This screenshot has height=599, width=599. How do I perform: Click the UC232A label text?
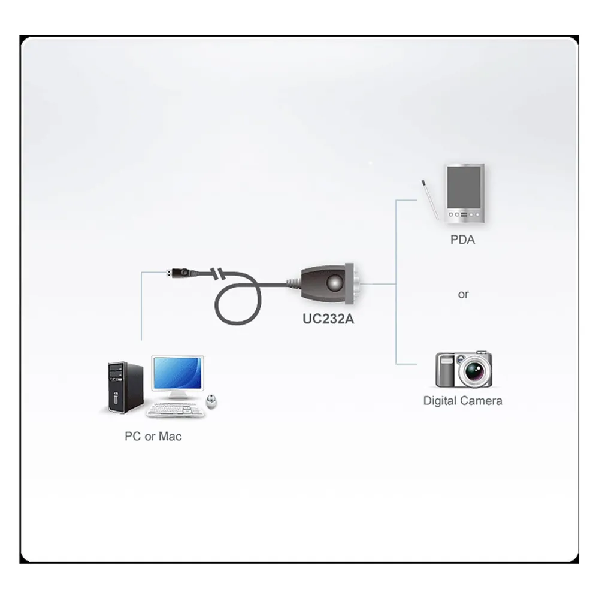point(328,319)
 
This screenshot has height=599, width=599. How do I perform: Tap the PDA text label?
point(462,240)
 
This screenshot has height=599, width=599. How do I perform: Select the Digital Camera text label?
point(462,401)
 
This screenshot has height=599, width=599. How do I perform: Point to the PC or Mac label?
point(153,436)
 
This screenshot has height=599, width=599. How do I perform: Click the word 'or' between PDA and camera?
point(463,295)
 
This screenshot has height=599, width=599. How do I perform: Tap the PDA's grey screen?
point(464,187)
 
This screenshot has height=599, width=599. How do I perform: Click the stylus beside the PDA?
point(430,200)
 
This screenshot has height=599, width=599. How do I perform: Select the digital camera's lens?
point(475,370)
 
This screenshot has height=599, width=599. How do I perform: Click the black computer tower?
point(125,388)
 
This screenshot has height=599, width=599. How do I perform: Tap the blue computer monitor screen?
point(178,374)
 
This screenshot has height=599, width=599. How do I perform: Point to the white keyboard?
point(176,410)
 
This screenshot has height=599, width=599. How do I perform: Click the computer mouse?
point(211,401)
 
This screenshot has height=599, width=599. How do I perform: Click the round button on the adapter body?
point(335,283)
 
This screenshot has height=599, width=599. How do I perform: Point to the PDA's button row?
point(464,214)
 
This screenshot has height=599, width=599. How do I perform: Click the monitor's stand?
point(177,395)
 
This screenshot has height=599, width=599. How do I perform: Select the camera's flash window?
point(446,360)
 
